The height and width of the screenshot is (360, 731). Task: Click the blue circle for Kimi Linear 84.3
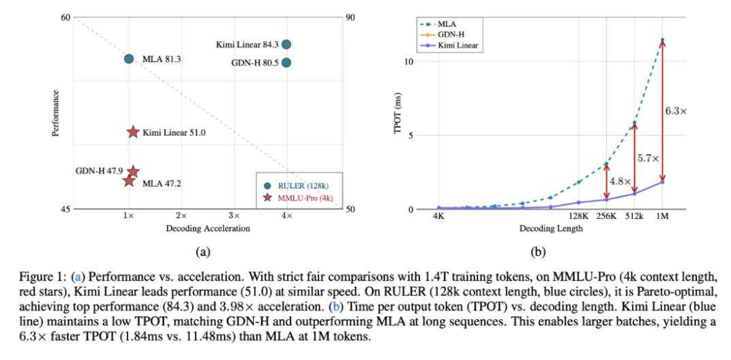[x=286, y=44]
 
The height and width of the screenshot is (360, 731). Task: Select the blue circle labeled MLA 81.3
[x=129, y=59]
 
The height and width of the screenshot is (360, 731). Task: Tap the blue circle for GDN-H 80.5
[x=286, y=63]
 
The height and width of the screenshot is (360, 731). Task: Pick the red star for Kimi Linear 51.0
[x=133, y=132]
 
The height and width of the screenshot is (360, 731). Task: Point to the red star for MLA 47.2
[x=129, y=181]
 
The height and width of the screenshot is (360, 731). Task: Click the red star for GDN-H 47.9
[x=133, y=172]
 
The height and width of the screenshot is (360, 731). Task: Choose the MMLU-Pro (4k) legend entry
[x=300, y=198]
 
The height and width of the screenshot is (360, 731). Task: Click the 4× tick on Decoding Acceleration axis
[x=287, y=215]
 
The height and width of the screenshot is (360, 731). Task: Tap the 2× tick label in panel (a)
[x=181, y=215]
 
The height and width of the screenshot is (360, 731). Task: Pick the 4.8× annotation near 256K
[x=618, y=182]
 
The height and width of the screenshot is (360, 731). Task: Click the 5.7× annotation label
[x=648, y=158]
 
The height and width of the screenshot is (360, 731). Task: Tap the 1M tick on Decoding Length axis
[x=661, y=217]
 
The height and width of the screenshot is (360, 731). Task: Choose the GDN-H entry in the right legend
[x=447, y=34]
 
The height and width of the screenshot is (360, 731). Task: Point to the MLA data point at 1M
[x=661, y=40]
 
